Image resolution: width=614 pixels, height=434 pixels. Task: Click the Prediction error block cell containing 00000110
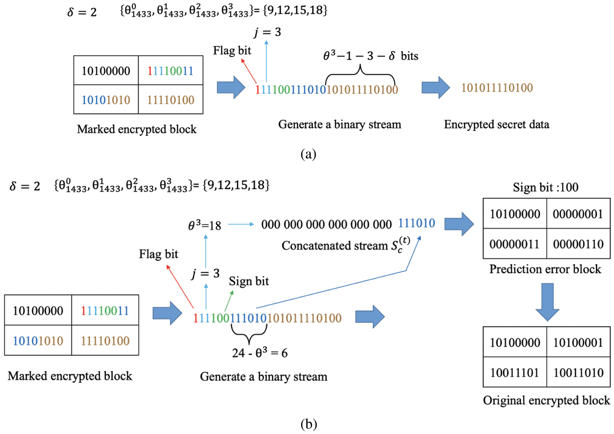point(578,244)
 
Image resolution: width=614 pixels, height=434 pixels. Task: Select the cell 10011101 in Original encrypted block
point(514,372)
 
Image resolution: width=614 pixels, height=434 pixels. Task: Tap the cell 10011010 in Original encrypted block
point(578,372)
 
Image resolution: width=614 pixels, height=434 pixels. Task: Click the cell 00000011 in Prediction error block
point(514,244)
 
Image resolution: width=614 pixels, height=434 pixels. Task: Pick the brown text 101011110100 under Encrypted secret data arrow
point(497,88)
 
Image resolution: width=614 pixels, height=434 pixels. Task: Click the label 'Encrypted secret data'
point(496,125)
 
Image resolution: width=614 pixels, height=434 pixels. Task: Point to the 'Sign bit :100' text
point(545,187)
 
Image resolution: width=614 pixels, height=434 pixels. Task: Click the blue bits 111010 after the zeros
point(416,223)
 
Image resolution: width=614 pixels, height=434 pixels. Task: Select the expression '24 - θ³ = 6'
point(260,353)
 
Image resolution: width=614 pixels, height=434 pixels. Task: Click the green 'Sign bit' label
point(249,281)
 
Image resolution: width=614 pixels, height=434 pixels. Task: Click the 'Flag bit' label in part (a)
point(232,51)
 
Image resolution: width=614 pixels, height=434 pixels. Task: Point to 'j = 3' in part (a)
point(267,32)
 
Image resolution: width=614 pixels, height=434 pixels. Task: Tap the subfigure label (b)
point(308,424)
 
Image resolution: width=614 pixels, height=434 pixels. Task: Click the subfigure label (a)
point(308,154)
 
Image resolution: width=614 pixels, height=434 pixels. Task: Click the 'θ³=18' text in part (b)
point(205,225)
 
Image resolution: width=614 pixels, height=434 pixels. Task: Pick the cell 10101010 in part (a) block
point(106,100)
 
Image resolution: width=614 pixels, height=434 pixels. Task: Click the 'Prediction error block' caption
point(545,269)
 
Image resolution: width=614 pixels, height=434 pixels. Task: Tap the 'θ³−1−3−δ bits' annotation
point(371,56)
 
